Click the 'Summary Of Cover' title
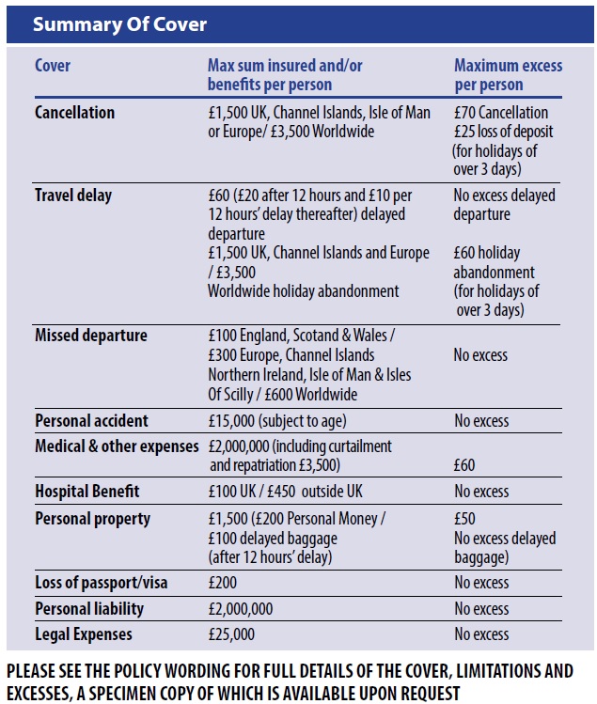click(x=119, y=24)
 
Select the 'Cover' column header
click(x=53, y=66)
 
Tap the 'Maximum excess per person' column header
click(x=508, y=75)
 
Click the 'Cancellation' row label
click(x=74, y=112)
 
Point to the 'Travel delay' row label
click(x=73, y=196)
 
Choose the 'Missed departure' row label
click(x=91, y=336)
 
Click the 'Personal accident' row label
click(x=91, y=421)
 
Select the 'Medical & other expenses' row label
click(x=117, y=446)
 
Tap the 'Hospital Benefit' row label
click(x=87, y=492)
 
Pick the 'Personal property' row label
click(x=92, y=519)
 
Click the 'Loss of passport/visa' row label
click(x=102, y=583)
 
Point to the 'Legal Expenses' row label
click(x=84, y=634)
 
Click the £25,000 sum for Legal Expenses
click(x=231, y=634)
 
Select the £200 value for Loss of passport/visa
click(x=223, y=583)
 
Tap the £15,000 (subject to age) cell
click(x=277, y=421)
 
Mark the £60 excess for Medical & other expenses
click(x=464, y=465)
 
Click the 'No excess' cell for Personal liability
click(x=481, y=609)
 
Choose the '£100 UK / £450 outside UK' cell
click(x=285, y=492)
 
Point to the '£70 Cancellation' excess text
click(x=501, y=112)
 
